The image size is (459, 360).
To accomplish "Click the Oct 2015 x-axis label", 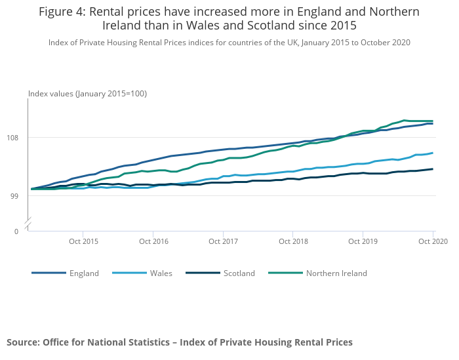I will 83,241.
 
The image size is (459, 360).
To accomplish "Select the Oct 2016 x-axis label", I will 153,241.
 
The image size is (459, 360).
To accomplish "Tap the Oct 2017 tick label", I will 223,241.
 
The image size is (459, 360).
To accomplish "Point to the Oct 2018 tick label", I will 292,241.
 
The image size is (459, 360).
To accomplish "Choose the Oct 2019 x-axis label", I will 363,241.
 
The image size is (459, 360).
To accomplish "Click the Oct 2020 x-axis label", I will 432,241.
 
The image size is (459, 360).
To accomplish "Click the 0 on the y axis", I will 16,231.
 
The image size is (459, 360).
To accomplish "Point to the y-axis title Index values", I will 87,94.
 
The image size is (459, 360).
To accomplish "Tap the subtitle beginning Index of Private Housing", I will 229,43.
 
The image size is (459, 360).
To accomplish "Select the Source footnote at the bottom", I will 180,342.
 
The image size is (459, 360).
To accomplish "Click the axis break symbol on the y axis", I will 29,223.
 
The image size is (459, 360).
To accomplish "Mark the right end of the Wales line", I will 433,153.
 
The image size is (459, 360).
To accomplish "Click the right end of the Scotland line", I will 433,169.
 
